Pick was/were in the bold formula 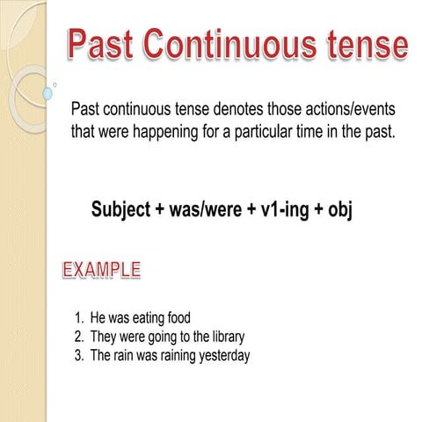[207, 211]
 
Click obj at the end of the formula [338, 211]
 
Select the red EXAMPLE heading [101, 269]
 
